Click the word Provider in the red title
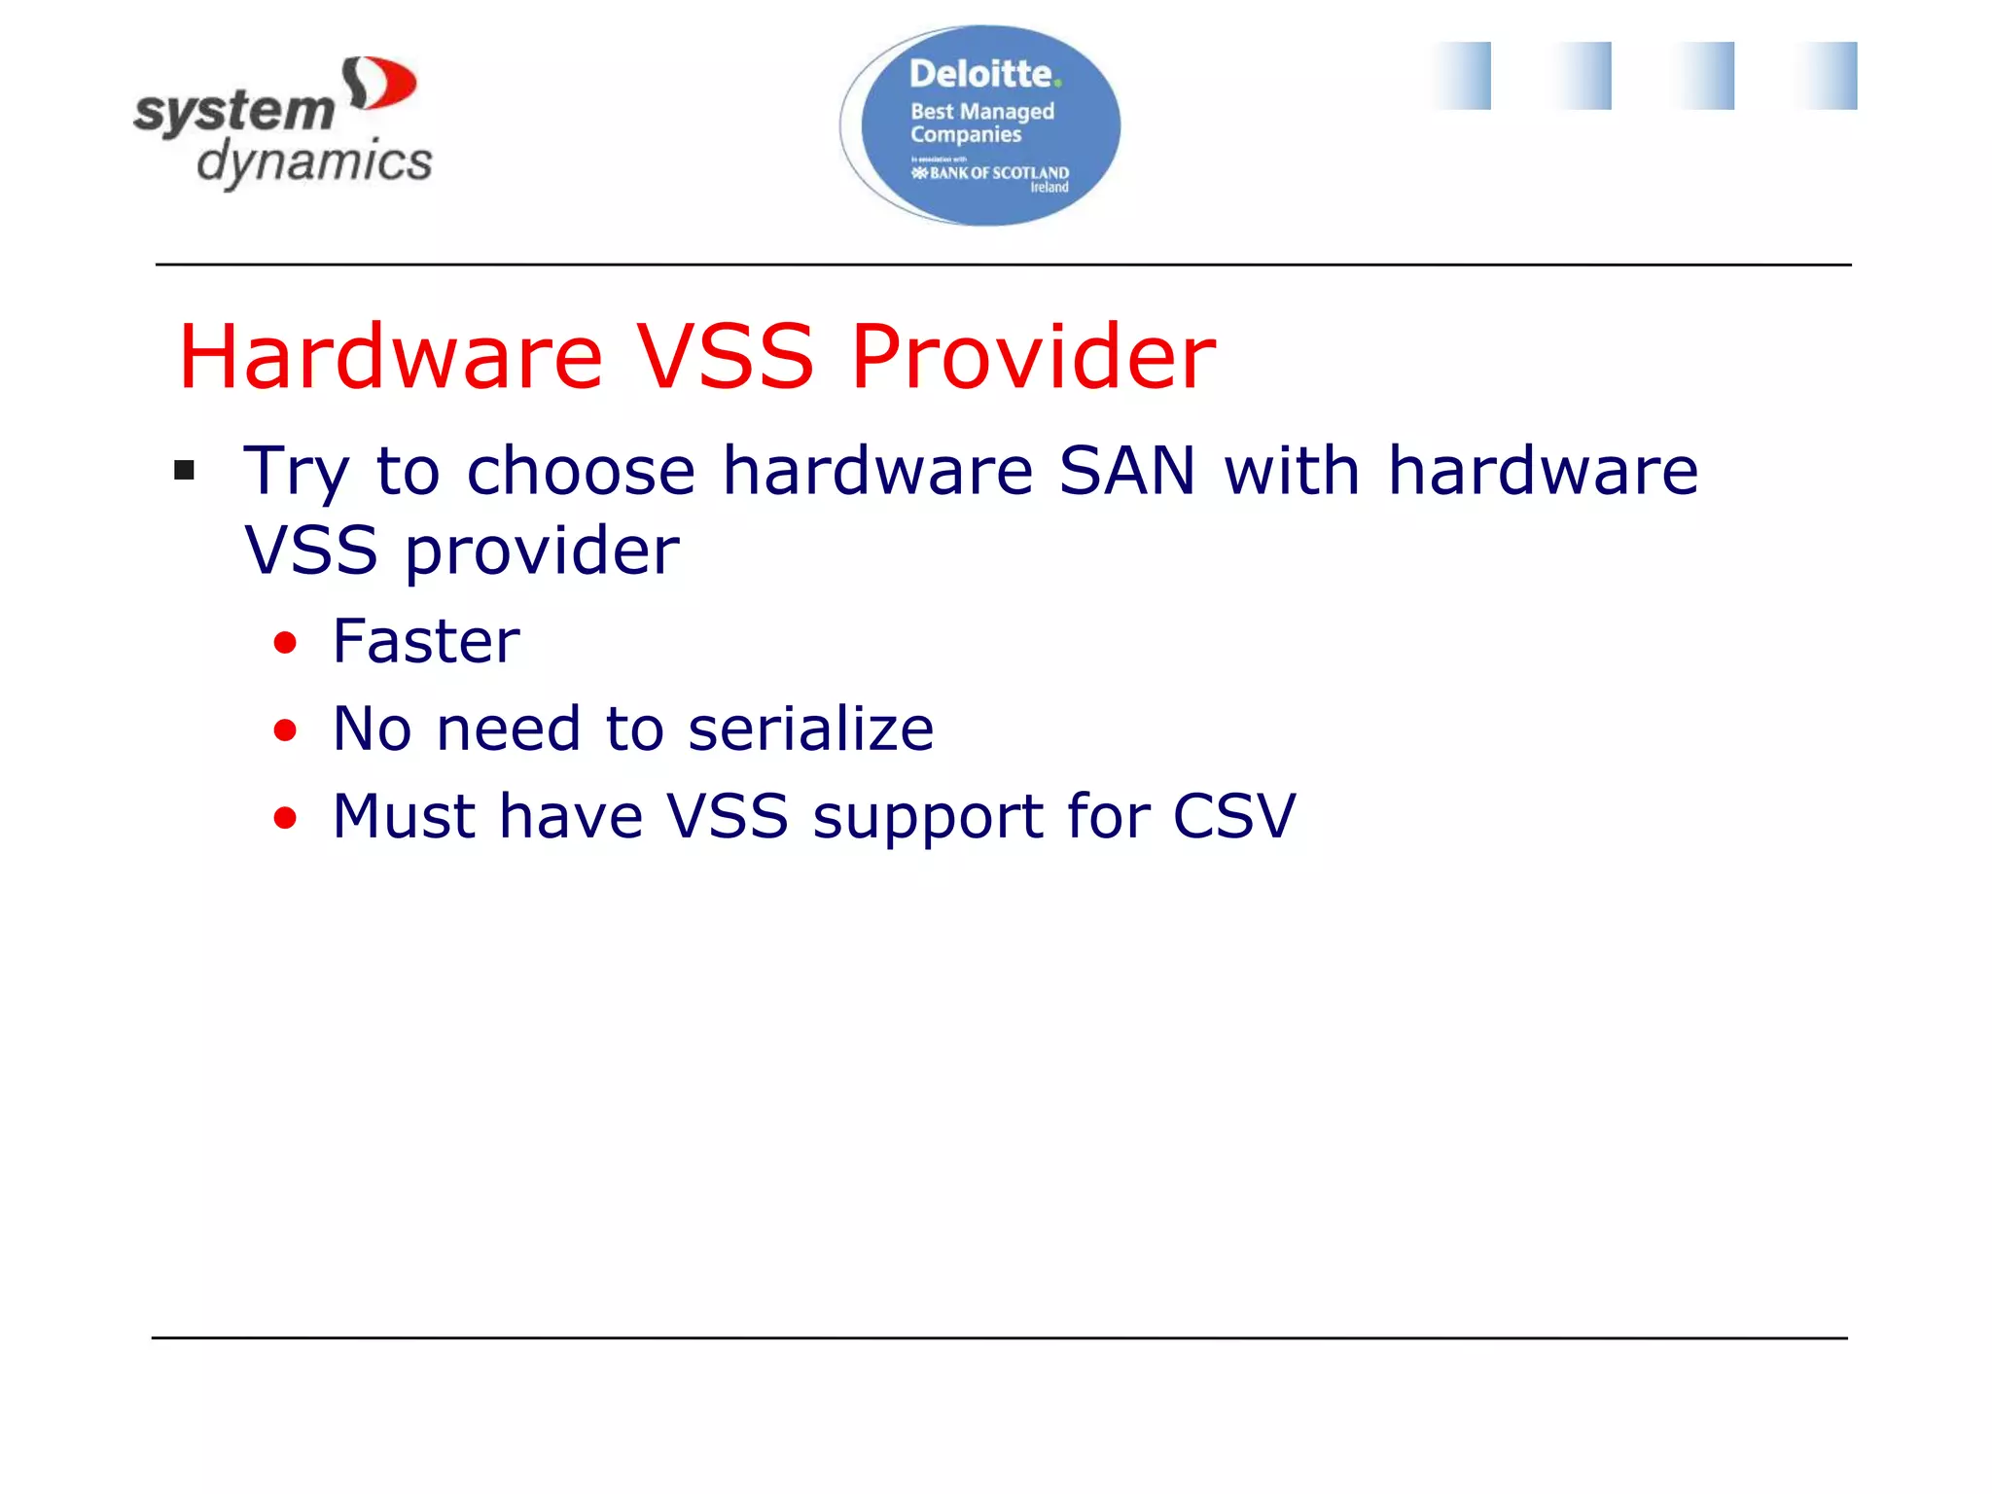(1033, 358)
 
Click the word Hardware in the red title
(390, 358)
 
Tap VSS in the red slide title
(725, 358)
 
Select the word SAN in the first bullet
(1126, 472)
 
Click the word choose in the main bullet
(581, 472)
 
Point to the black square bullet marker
(185, 472)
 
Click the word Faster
(426, 642)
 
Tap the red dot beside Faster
(285, 643)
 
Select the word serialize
(810, 729)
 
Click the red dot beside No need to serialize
(285, 730)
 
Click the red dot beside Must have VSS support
(285, 818)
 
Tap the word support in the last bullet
(927, 817)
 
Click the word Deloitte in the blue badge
(980, 74)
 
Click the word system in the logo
(234, 112)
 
